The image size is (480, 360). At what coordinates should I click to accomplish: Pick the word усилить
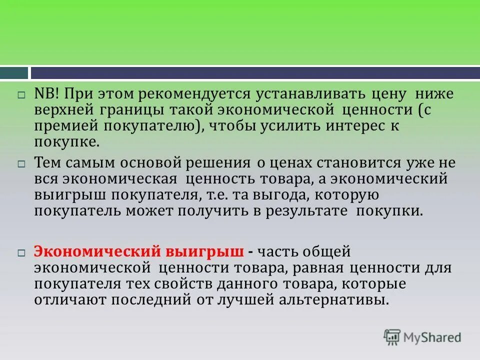(280, 125)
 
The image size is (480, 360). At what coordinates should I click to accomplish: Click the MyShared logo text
(433, 337)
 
